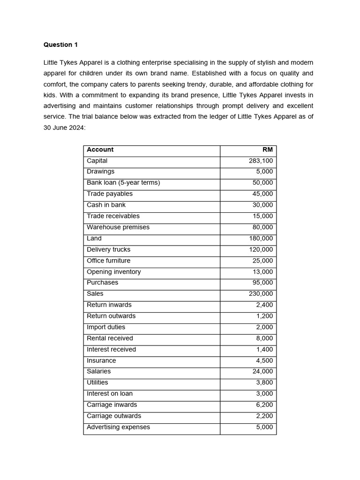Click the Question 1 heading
pos(60,45)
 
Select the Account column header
pos(100,150)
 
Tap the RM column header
pos(267,150)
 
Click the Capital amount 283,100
pos(261,161)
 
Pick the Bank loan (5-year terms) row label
pos(123,183)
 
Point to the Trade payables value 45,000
pos(262,194)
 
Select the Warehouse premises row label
pos(118,227)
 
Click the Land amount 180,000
pos(261,239)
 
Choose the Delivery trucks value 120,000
pos(261,250)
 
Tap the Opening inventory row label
pos(113,272)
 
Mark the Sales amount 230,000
pos(261,294)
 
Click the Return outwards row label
pos(111,316)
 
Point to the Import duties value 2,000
pos(264,327)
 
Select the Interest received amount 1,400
pos(264,350)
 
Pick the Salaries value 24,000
pos(262,372)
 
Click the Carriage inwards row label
pos(112,405)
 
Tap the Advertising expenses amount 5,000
pos(264,427)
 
